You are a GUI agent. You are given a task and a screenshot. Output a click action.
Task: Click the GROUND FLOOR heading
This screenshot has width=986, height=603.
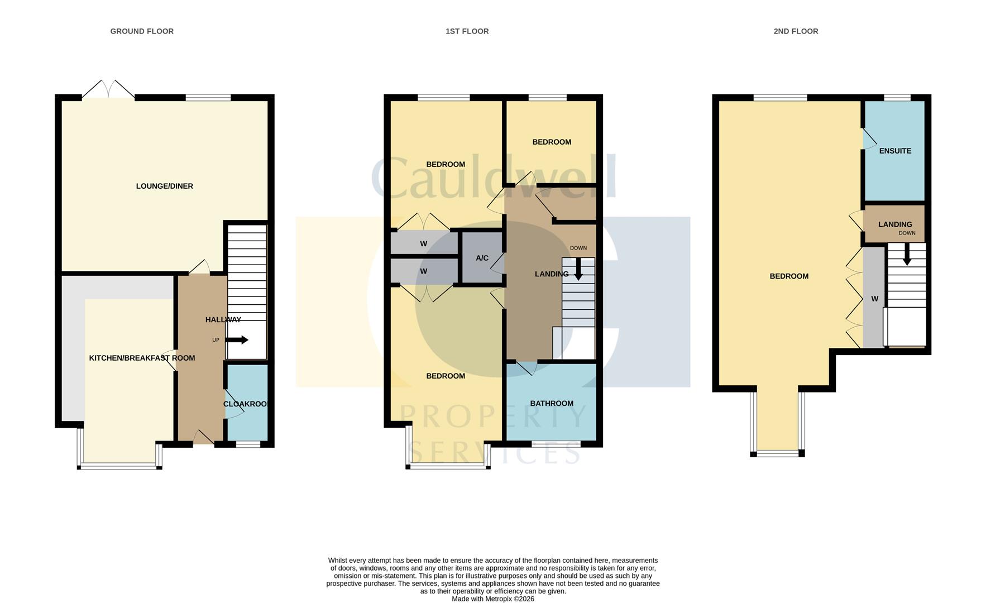(x=142, y=31)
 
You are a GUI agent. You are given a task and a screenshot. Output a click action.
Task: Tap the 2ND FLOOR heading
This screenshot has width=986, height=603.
(x=796, y=31)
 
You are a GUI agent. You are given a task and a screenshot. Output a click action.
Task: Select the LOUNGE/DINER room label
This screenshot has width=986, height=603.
(x=165, y=186)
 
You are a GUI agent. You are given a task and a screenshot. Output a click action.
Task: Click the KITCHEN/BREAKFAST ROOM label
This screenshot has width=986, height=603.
(x=142, y=358)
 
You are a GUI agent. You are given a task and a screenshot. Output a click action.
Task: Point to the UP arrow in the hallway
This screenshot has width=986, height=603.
(x=237, y=340)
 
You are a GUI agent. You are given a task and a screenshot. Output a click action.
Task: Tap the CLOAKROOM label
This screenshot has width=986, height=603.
(x=245, y=404)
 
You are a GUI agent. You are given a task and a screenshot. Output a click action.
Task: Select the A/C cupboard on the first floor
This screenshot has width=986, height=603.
(x=482, y=258)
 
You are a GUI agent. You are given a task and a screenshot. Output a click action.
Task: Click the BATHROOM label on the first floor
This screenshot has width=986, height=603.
(x=552, y=403)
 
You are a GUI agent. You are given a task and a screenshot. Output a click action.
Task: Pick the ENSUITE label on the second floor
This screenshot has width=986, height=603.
(x=895, y=151)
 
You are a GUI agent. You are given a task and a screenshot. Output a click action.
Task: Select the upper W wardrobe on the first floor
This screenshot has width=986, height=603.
(x=424, y=243)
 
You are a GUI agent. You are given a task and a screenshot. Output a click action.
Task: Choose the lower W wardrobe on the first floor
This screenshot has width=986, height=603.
(x=424, y=271)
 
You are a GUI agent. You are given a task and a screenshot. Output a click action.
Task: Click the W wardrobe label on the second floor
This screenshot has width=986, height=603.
(x=875, y=299)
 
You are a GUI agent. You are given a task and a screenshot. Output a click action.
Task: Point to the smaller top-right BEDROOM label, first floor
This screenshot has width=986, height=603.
(x=552, y=142)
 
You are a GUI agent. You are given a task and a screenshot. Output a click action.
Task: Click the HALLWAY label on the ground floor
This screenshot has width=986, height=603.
(x=223, y=319)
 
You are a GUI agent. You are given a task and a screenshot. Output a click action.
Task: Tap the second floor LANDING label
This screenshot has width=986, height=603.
(x=895, y=224)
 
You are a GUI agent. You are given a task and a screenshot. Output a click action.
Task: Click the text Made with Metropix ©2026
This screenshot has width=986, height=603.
(x=493, y=599)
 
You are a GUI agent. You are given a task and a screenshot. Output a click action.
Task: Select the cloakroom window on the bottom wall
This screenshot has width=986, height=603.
(x=248, y=444)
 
